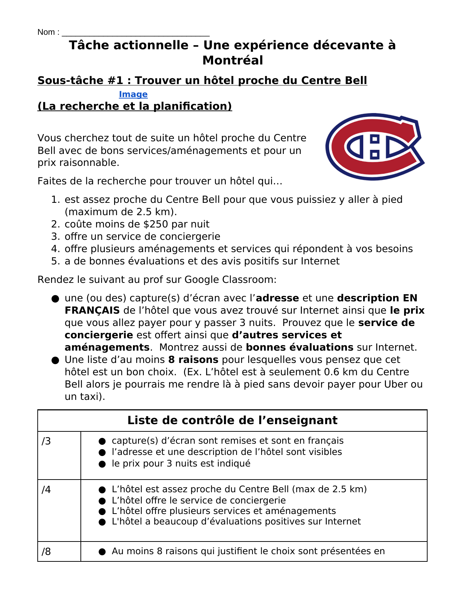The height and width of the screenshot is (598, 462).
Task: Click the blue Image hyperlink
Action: (133, 95)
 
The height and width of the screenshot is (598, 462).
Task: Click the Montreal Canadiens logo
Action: (375, 147)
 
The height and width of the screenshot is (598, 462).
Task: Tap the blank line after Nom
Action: (136, 33)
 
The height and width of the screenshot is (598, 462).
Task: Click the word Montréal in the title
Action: (233, 60)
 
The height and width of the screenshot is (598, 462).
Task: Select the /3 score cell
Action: (59, 455)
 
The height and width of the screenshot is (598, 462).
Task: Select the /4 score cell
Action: (59, 510)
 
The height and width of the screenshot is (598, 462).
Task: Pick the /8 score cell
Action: (59, 551)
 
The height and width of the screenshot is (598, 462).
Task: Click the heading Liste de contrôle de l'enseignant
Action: (232, 421)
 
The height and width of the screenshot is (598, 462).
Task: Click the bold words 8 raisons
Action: (193, 360)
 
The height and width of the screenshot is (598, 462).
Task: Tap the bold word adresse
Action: (278, 298)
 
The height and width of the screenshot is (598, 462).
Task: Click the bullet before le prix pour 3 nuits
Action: (102, 464)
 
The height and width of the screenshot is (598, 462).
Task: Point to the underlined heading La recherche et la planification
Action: (134, 106)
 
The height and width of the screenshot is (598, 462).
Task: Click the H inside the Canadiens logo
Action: (375, 147)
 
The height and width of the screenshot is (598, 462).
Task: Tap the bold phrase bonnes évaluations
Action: (299, 347)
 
